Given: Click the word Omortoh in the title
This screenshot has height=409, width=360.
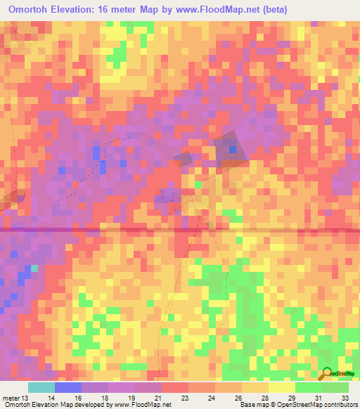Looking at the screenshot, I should pos(35,8).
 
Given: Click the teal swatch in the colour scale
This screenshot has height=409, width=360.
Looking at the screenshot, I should pos(41,387).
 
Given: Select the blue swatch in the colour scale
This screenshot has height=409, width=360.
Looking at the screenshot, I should pos(67,387).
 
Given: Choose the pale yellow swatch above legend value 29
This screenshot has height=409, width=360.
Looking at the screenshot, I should pos(281,387).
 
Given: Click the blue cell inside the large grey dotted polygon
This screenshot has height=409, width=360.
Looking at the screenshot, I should pos(232,149).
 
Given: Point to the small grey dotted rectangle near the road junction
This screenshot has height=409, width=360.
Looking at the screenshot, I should pos(184,159).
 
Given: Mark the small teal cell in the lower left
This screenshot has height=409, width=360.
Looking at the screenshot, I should pos(33,268).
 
